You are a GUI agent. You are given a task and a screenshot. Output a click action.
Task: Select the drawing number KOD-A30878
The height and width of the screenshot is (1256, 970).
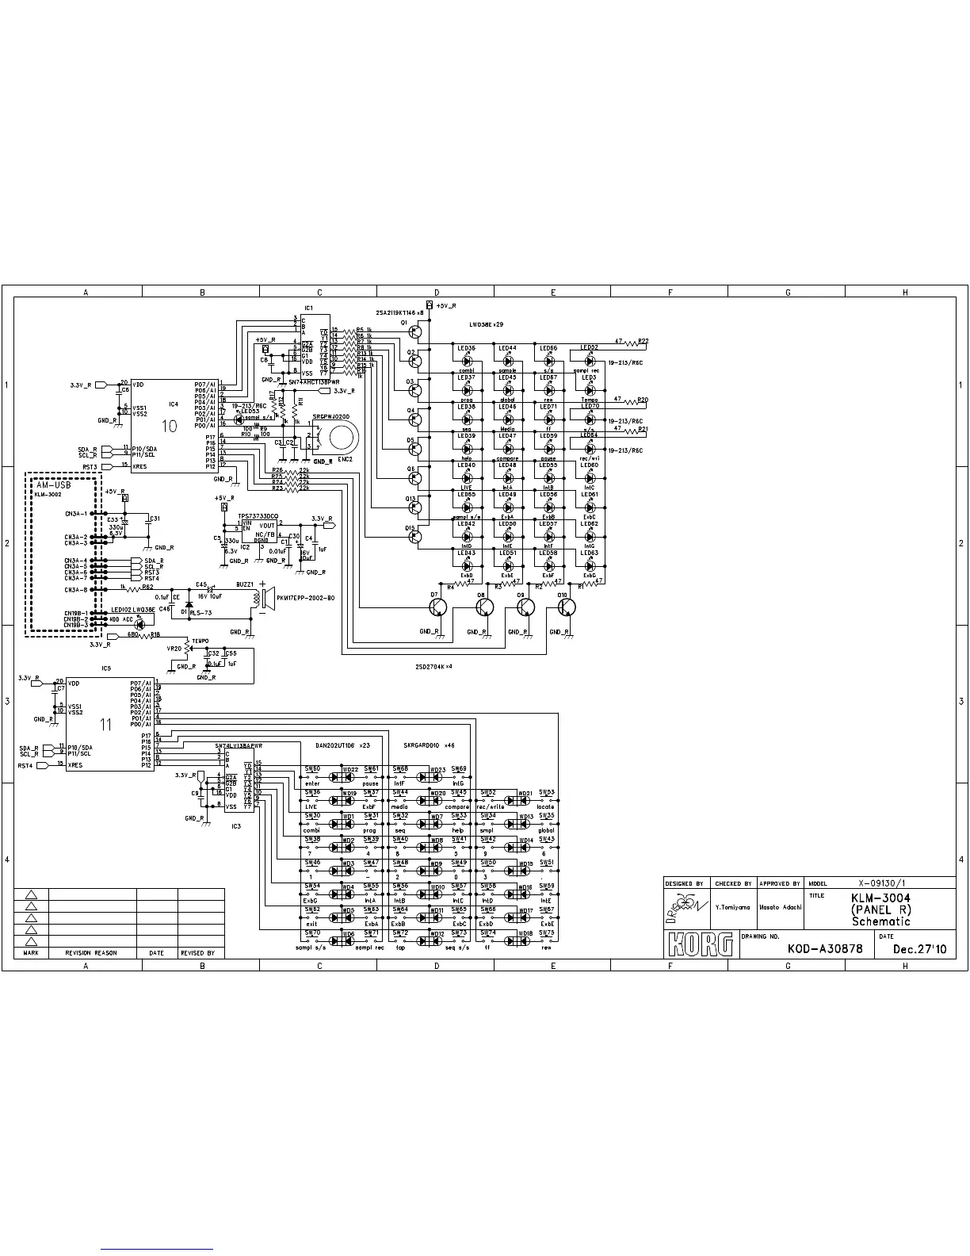(x=824, y=949)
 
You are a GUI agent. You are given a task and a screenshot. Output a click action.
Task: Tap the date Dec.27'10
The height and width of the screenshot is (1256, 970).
(x=918, y=949)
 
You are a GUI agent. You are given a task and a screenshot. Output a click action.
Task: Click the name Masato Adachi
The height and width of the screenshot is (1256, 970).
(x=781, y=906)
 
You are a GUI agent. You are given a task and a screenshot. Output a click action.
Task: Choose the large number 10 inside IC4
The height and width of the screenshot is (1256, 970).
(x=170, y=426)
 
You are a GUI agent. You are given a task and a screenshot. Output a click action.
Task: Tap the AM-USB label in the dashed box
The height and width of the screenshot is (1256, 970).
(x=54, y=484)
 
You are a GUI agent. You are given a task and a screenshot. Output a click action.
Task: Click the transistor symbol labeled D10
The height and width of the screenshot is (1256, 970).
(x=566, y=607)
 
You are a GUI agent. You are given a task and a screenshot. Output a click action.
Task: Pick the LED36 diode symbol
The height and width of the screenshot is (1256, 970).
(x=467, y=361)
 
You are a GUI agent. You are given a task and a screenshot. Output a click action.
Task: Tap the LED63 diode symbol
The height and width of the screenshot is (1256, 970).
(x=589, y=565)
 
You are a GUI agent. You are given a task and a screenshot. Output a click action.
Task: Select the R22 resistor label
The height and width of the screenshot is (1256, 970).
(x=643, y=341)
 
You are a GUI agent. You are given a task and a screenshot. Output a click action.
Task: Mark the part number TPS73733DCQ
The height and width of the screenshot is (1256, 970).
(x=258, y=516)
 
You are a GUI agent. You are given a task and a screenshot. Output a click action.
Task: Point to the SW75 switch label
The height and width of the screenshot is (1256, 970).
(x=547, y=932)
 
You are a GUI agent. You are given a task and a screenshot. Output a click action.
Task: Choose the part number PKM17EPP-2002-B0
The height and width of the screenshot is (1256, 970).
(x=306, y=598)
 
